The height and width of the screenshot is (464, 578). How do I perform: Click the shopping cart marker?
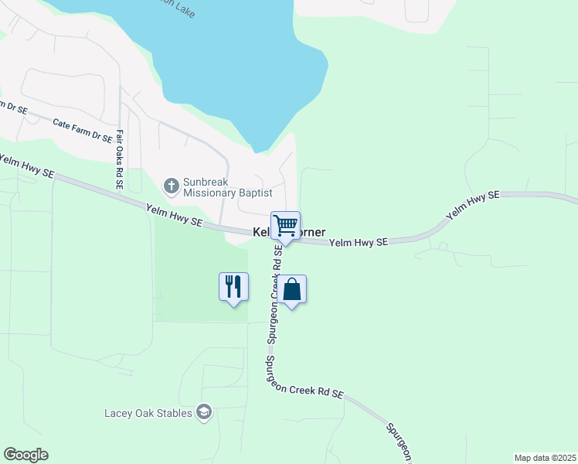285,226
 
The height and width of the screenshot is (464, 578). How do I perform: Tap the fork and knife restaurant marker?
233,287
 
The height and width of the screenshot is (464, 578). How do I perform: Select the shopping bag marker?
292,290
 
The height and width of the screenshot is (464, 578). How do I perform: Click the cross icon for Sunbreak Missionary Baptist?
171,186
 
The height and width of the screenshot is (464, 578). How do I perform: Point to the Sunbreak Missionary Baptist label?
227,186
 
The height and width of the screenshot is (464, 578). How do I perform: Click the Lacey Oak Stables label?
148,413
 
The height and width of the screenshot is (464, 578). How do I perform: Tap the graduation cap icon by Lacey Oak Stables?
204,412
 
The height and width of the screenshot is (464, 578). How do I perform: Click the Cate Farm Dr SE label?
82,129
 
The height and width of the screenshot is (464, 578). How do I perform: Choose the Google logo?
25,455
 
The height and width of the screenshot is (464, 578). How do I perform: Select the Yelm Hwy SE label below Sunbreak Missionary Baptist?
175,214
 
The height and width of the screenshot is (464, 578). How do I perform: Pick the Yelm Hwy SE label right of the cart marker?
358,243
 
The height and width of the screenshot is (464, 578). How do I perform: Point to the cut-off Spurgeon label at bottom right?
401,440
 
